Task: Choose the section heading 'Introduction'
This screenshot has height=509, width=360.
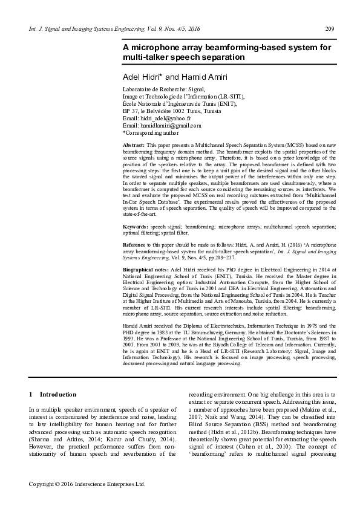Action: pos(58,394)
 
